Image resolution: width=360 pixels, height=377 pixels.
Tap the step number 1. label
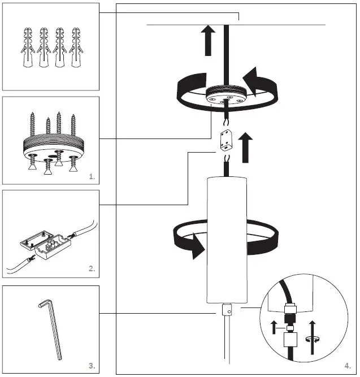(92, 177)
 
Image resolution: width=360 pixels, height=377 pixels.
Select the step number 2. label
(92, 269)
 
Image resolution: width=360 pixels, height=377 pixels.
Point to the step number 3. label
(92, 366)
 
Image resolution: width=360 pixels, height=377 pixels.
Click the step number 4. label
(346, 366)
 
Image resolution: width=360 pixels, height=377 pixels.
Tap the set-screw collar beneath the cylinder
(226, 310)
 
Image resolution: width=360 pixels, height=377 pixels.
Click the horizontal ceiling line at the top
(283, 25)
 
